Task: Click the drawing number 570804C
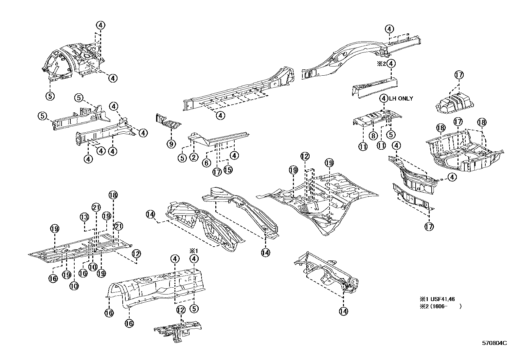point(494,343)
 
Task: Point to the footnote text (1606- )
point(445,307)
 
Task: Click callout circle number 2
point(193,157)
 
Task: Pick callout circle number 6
point(206,162)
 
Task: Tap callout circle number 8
point(373,136)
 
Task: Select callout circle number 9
point(171,143)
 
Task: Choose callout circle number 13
point(84,217)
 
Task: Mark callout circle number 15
point(228,170)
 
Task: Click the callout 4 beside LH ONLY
point(384,98)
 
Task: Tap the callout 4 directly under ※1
point(194,259)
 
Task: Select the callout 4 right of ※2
point(392,64)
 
